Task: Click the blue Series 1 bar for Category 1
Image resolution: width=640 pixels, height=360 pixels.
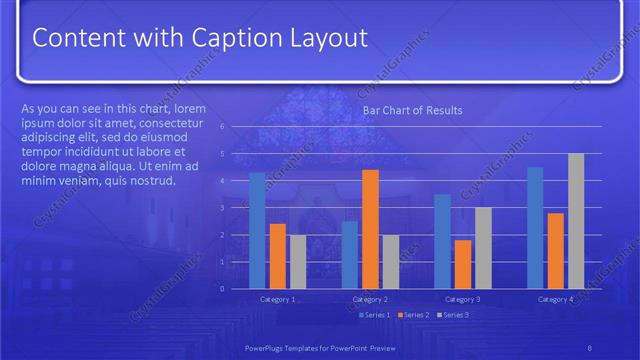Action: click(258, 230)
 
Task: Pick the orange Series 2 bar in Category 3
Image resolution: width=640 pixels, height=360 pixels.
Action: click(462, 264)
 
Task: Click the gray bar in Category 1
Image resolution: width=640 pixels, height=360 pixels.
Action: click(298, 261)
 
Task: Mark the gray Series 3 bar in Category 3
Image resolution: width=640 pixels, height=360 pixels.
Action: click(483, 247)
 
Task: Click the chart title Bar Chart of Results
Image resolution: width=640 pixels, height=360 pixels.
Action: click(412, 110)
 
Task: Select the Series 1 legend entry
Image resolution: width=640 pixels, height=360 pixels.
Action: click(375, 315)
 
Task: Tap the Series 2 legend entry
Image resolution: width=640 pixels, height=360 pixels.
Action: click(415, 315)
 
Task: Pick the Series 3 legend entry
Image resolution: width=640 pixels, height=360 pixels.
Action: click(455, 315)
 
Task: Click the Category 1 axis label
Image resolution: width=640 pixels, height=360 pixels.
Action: click(278, 299)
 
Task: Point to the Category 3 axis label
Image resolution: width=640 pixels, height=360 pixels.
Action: click(462, 299)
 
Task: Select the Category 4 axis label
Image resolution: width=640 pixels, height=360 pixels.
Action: click(555, 299)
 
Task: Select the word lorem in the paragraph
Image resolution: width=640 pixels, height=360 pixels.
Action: click(191, 108)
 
